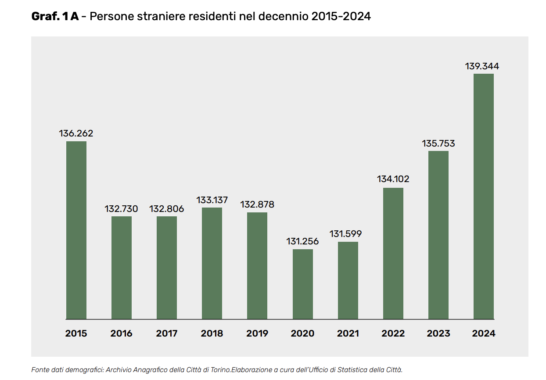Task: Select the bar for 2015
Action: pyautogui.click(x=76, y=230)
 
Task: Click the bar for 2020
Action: pyautogui.click(x=303, y=284)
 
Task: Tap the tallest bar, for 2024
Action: pyautogui.click(x=484, y=196)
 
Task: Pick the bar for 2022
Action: pyautogui.click(x=393, y=253)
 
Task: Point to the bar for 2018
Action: pyautogui.click(x=212, y=263)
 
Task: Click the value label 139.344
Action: pyautogui.click(x=482, y=67)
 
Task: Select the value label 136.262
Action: pyautogui.click(x=76, y=133)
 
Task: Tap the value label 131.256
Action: pyautogui.click(x=302, y=241)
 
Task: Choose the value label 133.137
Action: pyautogui.click(x=212, y=200)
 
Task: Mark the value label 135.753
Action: pyautogui.click(x=438, y=143)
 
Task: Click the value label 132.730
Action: pyautogui.click(x=121, y=209)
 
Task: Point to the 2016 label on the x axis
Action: pyautogui.click(x=122, y=333)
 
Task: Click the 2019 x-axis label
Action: pyautogui.click(x=257, y=333)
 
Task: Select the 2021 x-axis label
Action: pyautogui.click(x=348, y=333)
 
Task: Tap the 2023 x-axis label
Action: pyautogui.click(x=438, y=333)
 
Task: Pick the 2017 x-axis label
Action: pyautogui.click(x=167, y=333)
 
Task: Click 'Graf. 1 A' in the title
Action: pyautogui.click(x=55, y=17)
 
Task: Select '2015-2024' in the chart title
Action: pyautogui.click(x=341, y=17)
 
